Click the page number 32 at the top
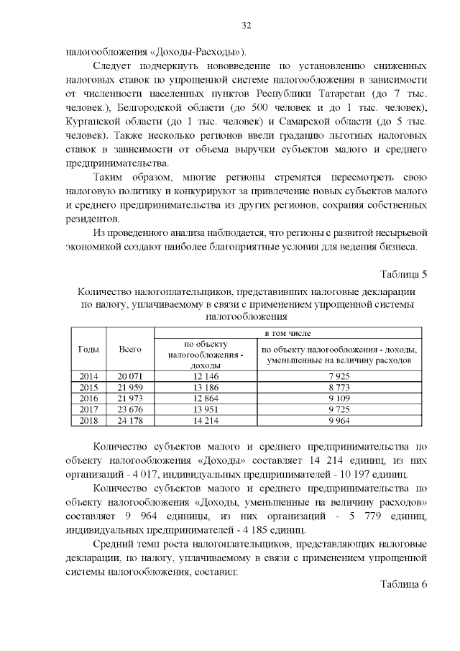coord(246,27)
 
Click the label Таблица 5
coord(403,275)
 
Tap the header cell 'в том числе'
coord(288,332)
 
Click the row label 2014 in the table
coord(88,376)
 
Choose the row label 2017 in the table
coord(88,409)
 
